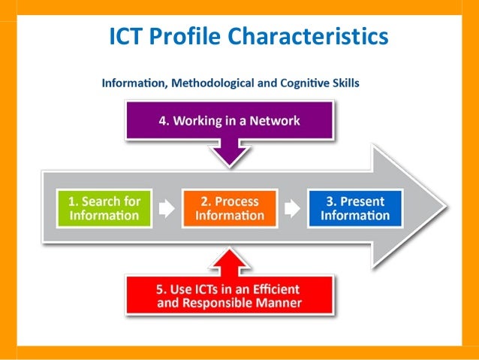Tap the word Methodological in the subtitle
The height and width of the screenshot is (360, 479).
(208, 83)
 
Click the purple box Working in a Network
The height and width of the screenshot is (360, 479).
(229, 121)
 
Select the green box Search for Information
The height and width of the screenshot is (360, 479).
(104, 208)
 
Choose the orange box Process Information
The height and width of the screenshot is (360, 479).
(229, 208)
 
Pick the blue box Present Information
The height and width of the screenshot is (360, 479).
(354, 208)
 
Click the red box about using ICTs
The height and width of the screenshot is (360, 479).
(229, 295)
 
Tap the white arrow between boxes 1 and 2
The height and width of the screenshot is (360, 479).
(167, 208)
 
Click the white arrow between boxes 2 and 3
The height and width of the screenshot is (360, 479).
(292, 208)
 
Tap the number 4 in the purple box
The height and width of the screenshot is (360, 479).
(162, 121)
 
